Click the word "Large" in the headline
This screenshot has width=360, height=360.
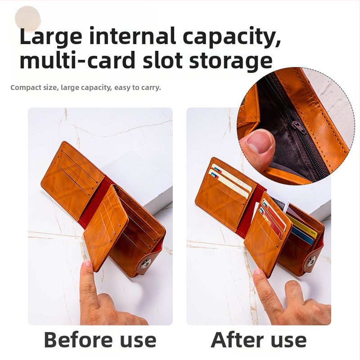(x=51, y=37)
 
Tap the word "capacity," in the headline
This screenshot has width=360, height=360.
(x=232, y=37)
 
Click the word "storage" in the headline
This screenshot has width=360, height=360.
(x=231, y=61)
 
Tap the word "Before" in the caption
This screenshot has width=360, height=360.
(x=78, y=340)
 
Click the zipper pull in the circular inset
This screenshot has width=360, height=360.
(x=299, y=127)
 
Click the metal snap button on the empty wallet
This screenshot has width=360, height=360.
(x=146, y=264)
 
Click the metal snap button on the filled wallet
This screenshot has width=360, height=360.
(x=311, y=261)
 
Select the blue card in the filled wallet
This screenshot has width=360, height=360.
(x=303, y=236)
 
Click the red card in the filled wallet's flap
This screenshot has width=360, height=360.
(x=271, y=220)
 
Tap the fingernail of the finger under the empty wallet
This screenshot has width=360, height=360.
(x=88, y=263)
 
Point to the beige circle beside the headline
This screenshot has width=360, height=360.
(x=28, y=18)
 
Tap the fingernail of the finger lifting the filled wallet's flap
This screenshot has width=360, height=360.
(x=258, y=272)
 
